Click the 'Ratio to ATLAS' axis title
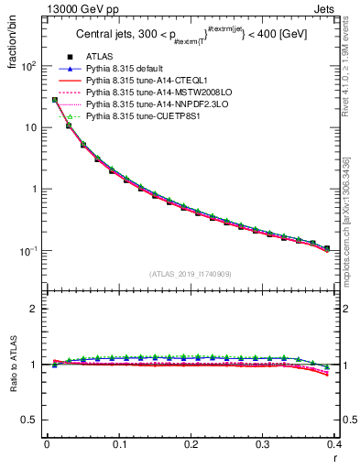tap(12, 366)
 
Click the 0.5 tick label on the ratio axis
tap(31, 420)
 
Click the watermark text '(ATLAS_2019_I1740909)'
tap(191, 273)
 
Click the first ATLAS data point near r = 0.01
tap(54, 100)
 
